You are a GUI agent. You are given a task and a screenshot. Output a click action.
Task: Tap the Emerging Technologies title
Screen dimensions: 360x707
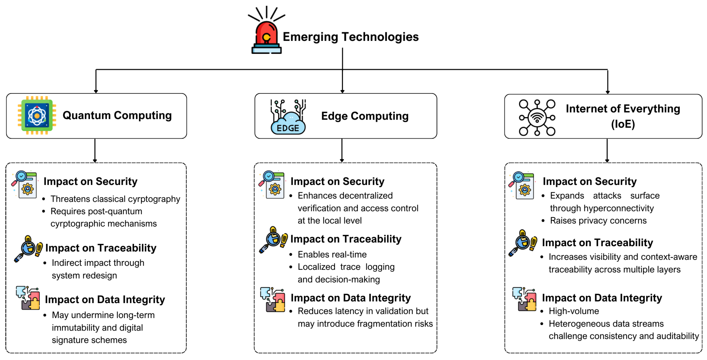[350, 37]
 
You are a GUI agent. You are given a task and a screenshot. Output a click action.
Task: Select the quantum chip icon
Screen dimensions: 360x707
[37, 115]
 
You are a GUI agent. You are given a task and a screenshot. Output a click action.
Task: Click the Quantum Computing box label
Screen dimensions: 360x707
[117, 115]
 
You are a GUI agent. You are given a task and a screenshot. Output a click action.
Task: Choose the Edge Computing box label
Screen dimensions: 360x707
[365, 116]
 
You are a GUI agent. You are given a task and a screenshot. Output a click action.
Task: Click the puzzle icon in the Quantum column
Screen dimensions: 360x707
[28, 298]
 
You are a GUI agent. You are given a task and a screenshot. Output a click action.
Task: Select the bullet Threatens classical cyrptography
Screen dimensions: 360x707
[115, 199]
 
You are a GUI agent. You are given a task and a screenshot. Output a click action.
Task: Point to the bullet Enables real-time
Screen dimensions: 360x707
[332, 254]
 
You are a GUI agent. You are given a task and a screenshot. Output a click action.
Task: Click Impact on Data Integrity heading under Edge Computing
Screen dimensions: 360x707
[350, 298]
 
